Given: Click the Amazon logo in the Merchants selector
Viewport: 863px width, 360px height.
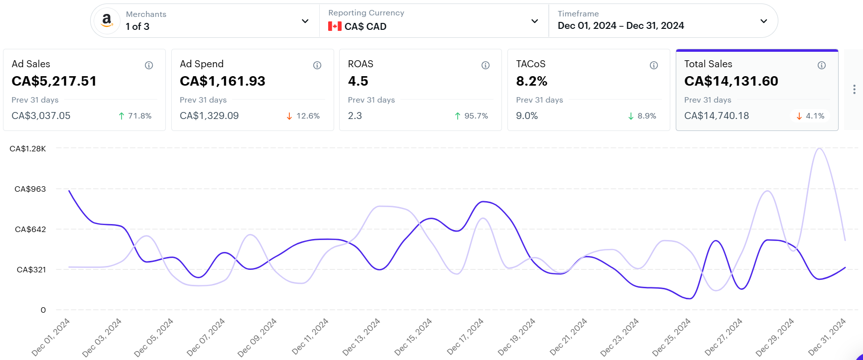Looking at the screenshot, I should (x=107, y=21).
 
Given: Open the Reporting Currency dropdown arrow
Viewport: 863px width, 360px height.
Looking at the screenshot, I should (x=534, y=21).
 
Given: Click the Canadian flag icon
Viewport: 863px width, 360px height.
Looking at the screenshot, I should (x=335, y=26).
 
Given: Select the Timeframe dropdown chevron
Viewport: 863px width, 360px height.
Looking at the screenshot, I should (x=763, y=21).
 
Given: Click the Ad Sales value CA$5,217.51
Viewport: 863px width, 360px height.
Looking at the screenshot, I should (x=54, y=81).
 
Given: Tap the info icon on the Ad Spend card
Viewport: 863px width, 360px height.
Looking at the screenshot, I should (x=317, y=65).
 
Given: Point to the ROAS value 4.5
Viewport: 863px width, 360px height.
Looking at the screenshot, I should (x=358, y=81).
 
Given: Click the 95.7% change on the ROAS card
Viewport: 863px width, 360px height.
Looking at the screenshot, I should (x=471, y=116).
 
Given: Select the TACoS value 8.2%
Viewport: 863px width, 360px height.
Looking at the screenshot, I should (x=532, y=81).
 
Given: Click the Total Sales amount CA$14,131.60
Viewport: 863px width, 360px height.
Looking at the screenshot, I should (x=731, y=81).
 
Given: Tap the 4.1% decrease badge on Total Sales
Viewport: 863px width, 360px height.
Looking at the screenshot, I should (x=810, y=116).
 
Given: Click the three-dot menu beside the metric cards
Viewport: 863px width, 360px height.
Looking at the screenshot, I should (x=854, y=89).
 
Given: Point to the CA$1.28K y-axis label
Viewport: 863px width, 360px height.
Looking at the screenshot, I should (x=28, y=148).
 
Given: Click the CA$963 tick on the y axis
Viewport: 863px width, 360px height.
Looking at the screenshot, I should (x=30, y=189).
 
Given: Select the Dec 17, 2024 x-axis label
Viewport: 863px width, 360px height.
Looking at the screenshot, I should (x=465, y=337).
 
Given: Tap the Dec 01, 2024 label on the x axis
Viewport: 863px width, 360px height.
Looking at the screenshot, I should (x=51, y=337).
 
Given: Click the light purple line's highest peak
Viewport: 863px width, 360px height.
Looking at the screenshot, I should (x=819, y=148).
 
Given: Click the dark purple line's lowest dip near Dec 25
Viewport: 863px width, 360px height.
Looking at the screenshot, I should (x=689, y=299).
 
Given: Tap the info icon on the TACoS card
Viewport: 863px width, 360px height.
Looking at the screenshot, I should (x=654, y=65).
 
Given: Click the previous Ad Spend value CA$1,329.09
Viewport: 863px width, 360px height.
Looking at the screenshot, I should (x=209, y=116).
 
